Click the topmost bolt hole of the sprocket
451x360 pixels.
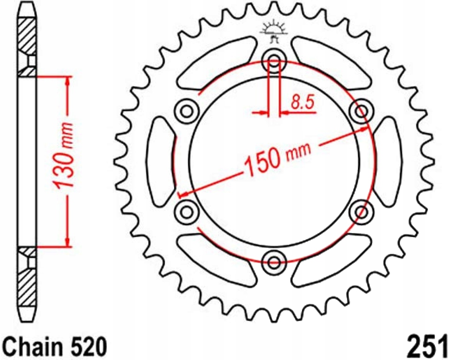pos(274,60)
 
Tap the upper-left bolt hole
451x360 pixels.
pos(186,112)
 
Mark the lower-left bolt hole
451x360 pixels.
pos(186,212)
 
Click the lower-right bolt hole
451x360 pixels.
pos(361,212)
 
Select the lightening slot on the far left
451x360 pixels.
pos(159,161)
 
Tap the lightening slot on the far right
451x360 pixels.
pos(388,161)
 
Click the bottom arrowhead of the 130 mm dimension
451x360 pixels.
pos(69,241)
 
